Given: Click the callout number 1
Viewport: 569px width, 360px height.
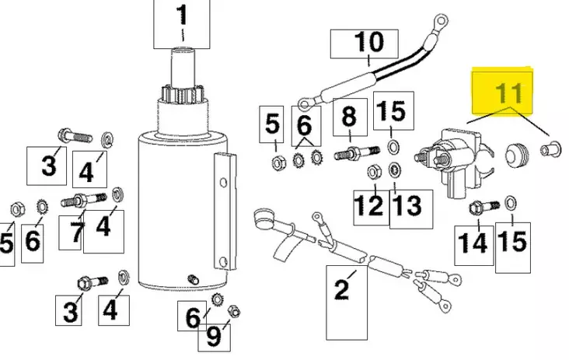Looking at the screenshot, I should (x=183, y=17).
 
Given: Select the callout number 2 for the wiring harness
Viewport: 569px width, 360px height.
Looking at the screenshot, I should (x=341, y=291).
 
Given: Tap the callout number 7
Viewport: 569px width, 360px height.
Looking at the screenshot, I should (x=76, y=231).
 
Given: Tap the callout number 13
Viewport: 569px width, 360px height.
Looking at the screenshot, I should (x=407, y=206).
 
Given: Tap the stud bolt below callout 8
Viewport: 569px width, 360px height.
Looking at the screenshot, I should (x=348, y=152).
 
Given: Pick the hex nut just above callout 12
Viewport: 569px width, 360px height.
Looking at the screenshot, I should (x=371, y=171).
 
